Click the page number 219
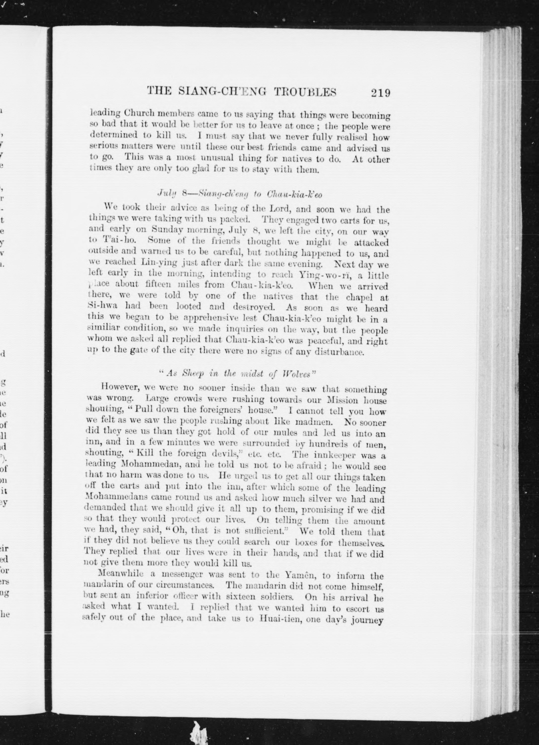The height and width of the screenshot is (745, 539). point(380,93)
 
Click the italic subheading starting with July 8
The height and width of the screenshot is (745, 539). point(239,194)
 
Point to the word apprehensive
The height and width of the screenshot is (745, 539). point(210,318)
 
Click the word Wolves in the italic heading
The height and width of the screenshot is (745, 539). point(299,374)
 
